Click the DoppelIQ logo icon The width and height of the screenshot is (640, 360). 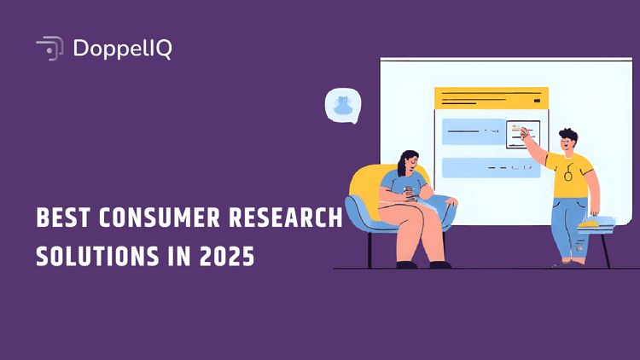[x=49, y=49]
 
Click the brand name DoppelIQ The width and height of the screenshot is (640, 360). [x=123, y=49]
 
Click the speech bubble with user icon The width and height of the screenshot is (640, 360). [x=343, y=106]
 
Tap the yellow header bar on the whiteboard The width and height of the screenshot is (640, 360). [x=491, y=97]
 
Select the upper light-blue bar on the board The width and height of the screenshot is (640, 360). [x=469, y=131]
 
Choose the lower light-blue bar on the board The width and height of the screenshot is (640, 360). [x=491, y=167]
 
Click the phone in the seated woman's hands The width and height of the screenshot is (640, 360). [x=408, y=192]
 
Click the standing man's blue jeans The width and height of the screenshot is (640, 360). [x=570, y=226]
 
